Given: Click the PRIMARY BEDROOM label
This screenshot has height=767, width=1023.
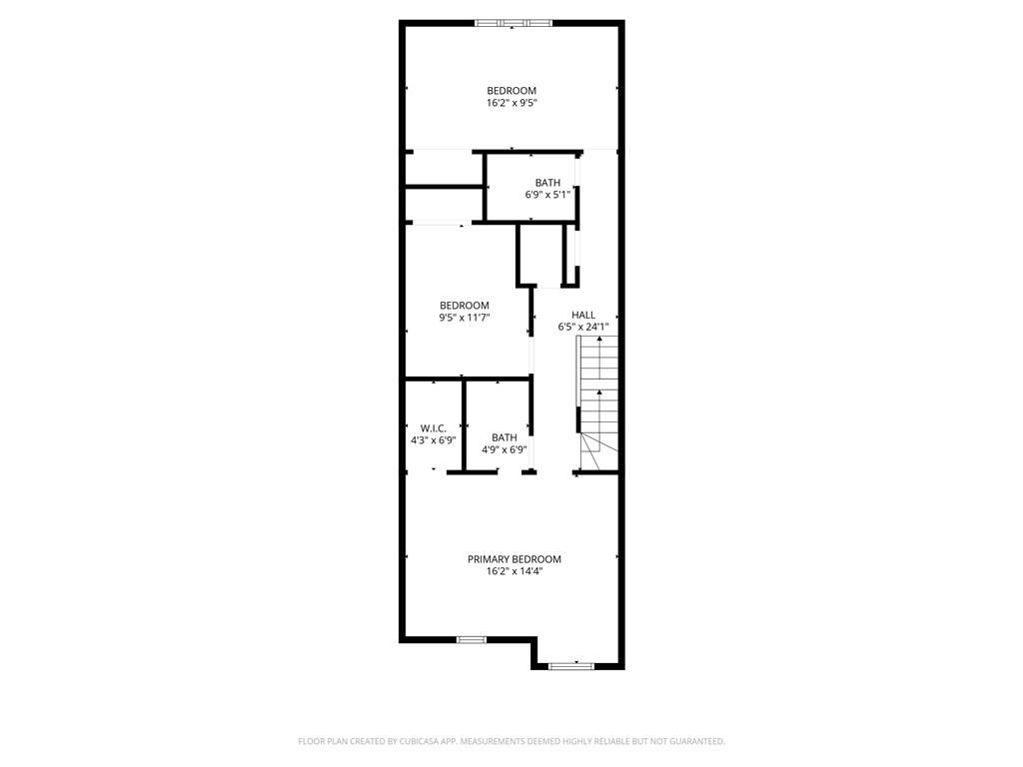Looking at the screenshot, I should pos(513,559).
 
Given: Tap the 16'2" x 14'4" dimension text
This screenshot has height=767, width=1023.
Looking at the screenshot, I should pos(513,572).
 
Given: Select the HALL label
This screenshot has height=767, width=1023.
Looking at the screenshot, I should pos(582,315).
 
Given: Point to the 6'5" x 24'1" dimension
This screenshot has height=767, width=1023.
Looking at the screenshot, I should pos(582,327).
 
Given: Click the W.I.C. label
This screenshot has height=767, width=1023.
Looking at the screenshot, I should pos(433,427).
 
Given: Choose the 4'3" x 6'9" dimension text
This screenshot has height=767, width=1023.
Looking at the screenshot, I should pos(433,439).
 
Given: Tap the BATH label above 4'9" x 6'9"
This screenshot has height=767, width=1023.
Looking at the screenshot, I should pos(504,437).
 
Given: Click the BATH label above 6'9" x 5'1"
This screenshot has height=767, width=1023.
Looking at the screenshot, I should pos(547,183).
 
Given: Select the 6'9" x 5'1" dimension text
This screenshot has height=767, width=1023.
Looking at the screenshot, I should pos(547,195).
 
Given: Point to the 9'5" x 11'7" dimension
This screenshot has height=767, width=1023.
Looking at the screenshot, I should pos(465,318).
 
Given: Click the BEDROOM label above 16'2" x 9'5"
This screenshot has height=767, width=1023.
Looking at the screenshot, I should pos(511,91).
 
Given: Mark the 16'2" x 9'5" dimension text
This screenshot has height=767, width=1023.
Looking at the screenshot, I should pos(511,103).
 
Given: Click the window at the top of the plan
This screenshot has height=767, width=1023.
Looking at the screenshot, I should pos(512,22).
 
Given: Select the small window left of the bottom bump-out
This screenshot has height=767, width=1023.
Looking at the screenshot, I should pos(471,639).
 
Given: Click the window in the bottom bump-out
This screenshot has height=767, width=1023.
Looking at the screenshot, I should pos(571,665).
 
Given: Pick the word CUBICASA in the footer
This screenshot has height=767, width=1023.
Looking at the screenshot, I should pos(410,741).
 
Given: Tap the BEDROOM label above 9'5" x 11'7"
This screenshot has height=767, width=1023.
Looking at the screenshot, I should pos(465,306).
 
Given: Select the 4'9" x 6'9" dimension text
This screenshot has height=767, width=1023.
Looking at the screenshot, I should pos(504,449).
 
